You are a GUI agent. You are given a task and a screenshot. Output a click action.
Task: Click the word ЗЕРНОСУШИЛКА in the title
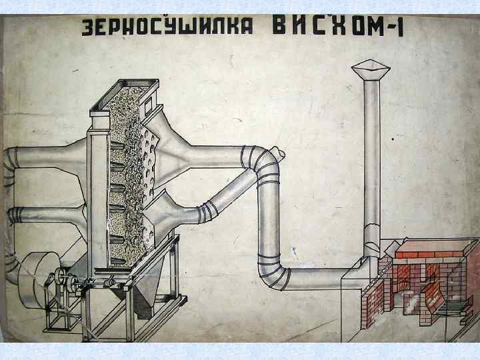[x=167, y=28]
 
